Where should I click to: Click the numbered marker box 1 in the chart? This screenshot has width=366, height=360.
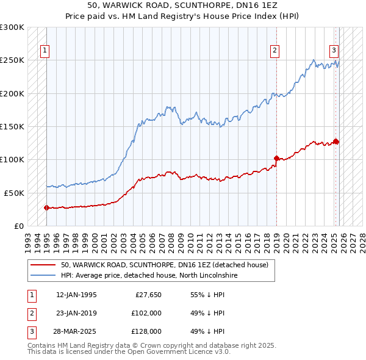click(x=45, y=51)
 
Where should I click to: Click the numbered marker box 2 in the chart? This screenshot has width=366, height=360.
click(x=275, y=51)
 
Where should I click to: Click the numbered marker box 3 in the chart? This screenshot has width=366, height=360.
click(x=334, y=51)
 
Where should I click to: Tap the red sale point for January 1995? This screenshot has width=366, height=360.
click(x=47, y=207)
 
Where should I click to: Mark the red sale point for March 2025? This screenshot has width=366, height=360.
click(x=336, y=142)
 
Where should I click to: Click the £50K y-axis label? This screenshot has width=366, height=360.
click(x=14, y=193)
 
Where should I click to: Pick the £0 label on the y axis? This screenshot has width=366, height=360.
click(x=18, y=226)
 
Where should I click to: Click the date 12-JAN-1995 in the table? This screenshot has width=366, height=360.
click(x=76, y=295)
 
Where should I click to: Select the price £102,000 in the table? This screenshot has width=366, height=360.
click(x=146, y=313)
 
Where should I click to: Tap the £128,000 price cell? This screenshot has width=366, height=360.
click(x=146, y=331)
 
